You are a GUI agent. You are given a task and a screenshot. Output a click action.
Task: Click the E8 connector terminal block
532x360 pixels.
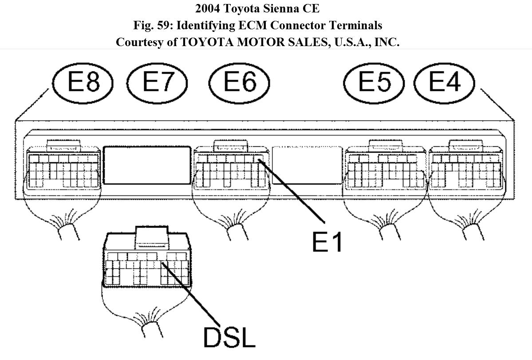[63, 171]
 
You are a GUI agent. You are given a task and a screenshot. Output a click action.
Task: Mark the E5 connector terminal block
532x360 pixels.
[385, 171]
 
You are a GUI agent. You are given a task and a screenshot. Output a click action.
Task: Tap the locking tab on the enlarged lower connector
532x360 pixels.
[152, 234]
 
